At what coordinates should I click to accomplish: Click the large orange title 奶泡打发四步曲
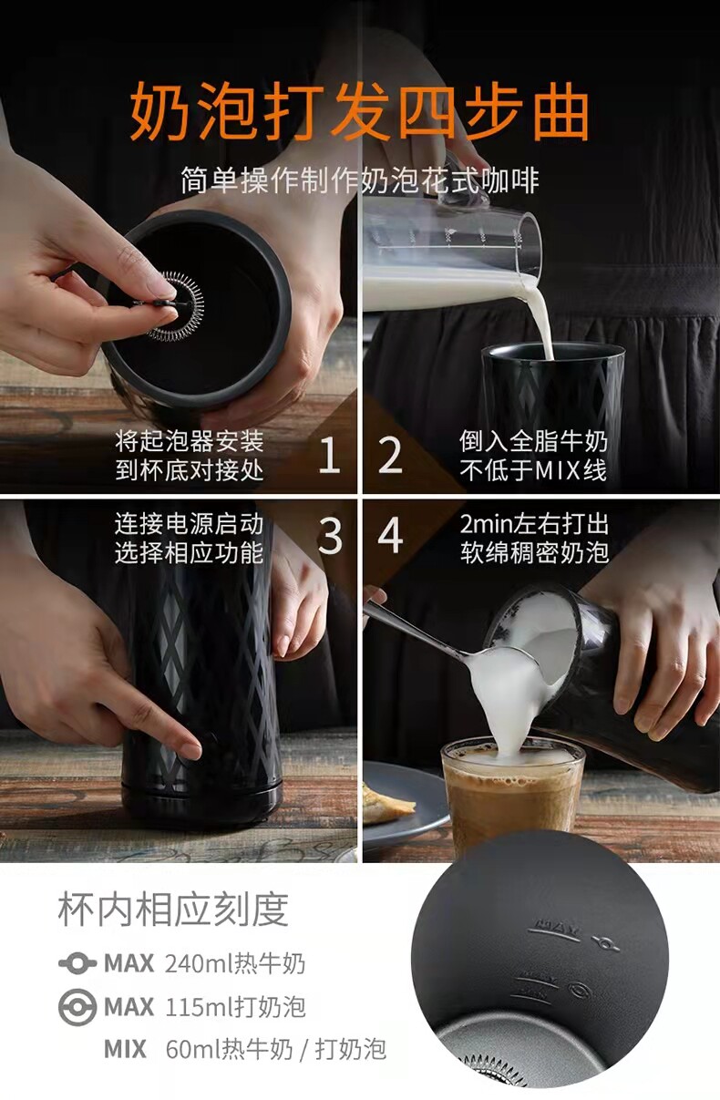coord(359,111)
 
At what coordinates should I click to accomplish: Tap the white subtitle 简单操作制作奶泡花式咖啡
coord(360,180)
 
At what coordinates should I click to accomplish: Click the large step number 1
coord(329,456)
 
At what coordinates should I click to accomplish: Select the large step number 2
coord(390,456)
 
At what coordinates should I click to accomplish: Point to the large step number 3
coord(330,536)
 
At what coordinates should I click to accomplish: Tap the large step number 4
coord(390,536)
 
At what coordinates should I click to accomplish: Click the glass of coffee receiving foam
coord(513,800)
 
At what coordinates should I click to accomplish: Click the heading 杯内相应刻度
coord(173,910)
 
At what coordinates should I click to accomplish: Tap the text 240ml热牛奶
coord(235,963)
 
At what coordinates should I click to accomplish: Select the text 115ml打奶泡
coord(235,1007)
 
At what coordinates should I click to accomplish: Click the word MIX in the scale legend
coord(125,1049)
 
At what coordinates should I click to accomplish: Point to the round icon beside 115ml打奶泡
coord(77,1007)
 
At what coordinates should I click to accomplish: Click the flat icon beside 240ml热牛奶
coord(77,963)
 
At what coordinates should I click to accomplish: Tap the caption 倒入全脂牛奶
coord(533,441)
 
